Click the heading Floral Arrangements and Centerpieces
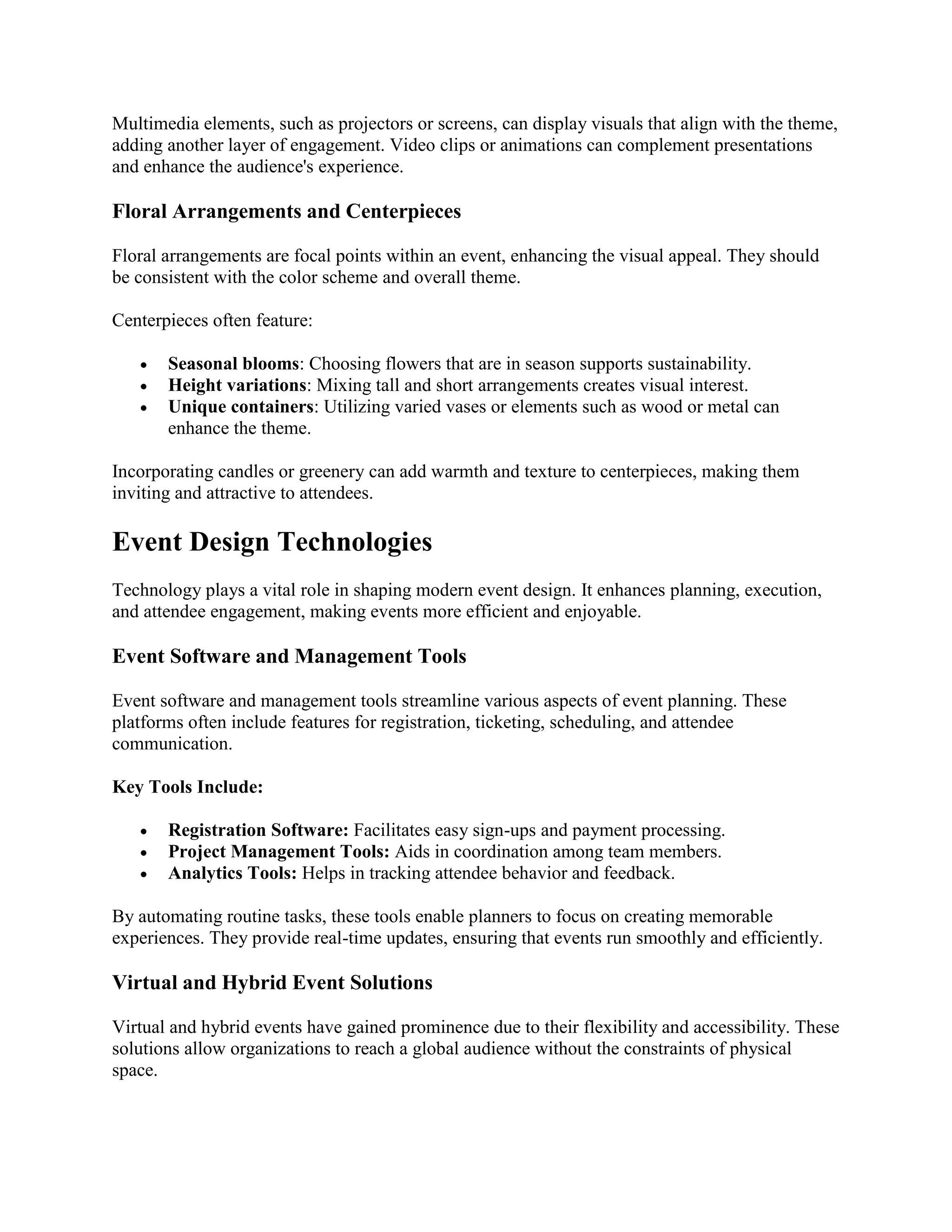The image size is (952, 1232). click(x=286, y=212)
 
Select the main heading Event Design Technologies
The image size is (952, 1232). click(x=272, y=542)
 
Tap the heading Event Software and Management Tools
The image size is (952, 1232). click(x=289, y=656)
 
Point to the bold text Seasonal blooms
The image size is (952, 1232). click(x=233, y=364)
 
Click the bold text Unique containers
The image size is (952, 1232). click(x=240, y=407)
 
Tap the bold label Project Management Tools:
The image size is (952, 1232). click(x=278, y=851)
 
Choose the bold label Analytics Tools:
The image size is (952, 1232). click(x=232, y=873)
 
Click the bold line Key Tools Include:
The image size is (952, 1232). click(x=187, y=787)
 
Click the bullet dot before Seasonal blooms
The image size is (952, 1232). click(x=145, y=365)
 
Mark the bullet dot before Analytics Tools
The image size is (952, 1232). click(x=145, y=874)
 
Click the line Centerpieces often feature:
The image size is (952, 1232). click(x=212, y=320)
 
